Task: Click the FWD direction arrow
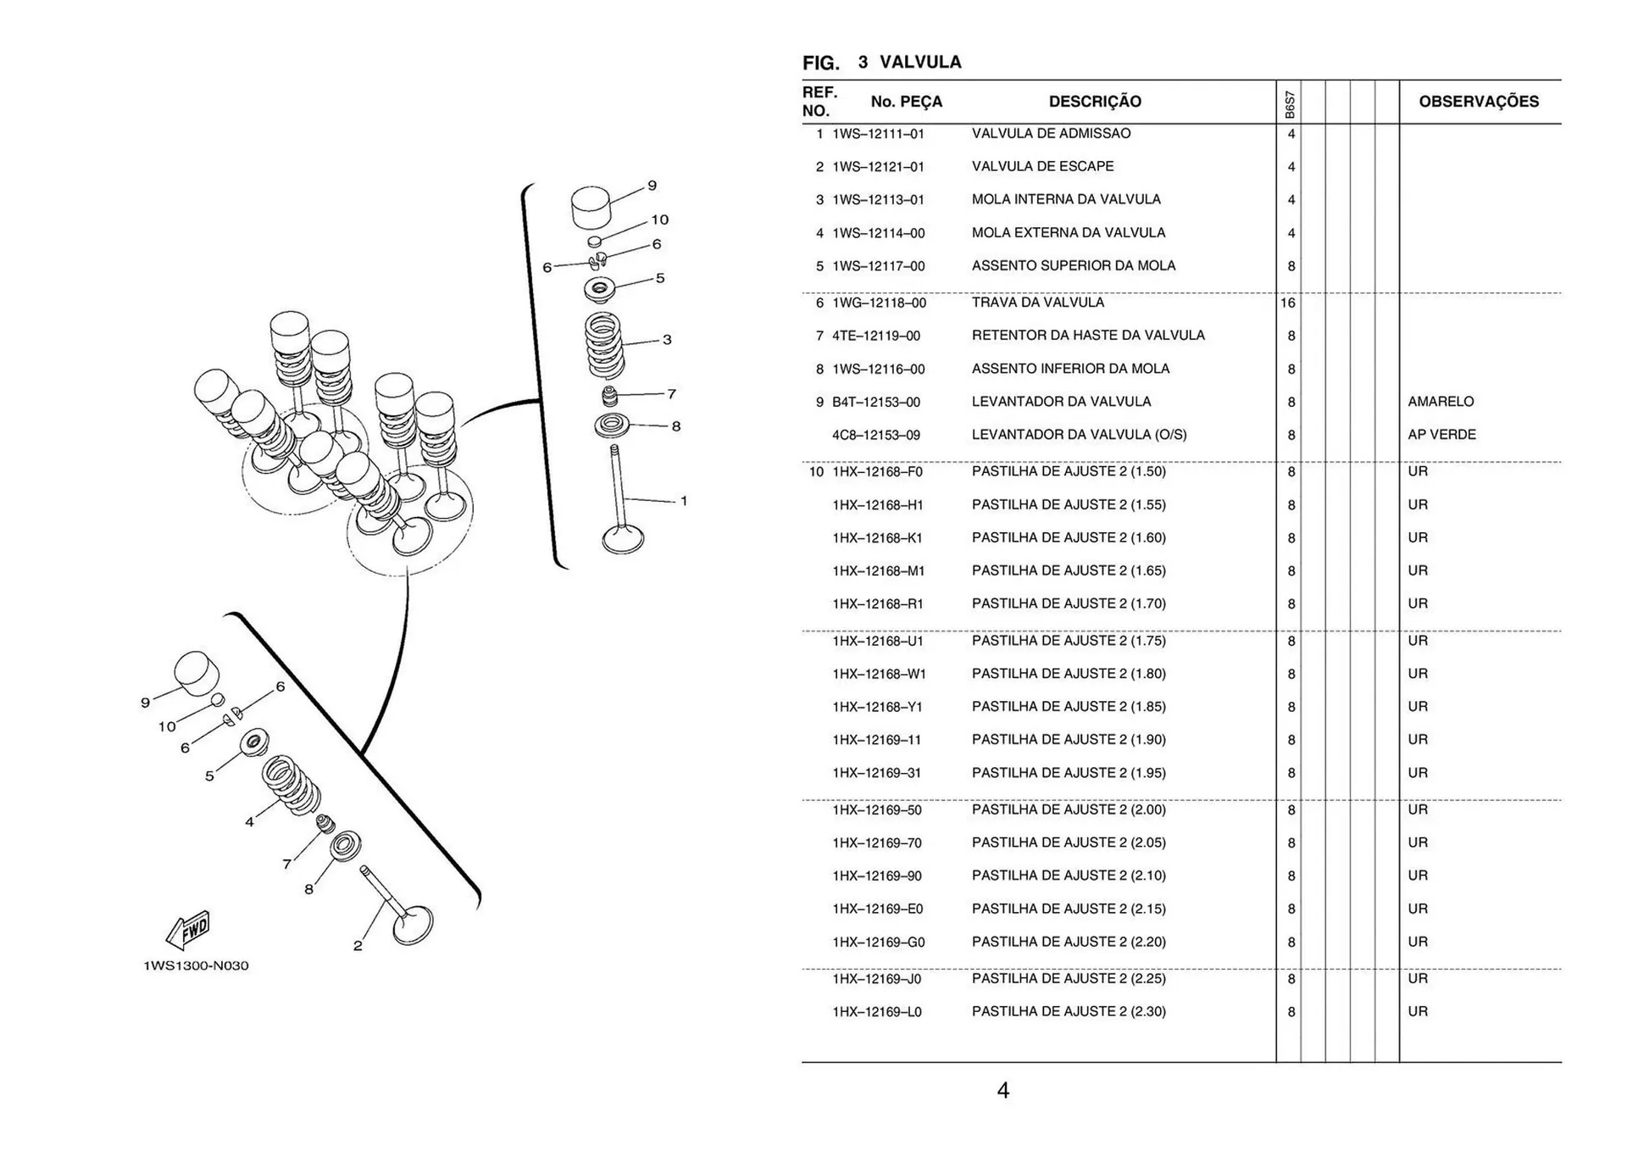click(x=188, y=930)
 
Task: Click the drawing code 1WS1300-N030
click(x=196, y=965)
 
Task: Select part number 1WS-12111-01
click(x=878, y=134)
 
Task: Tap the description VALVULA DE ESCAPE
click(x=1042, y=166)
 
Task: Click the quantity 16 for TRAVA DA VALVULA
click(x=1288, y=303)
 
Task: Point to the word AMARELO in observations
click(x=1441, y=402)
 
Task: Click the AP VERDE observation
click(x=1441, y=435)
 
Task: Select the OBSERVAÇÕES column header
click(x=1479, y=102)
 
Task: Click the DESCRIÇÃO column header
click(x=1095, y=102)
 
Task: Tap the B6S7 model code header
click(x=1290, y=104)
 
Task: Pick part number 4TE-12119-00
click(x=876, y=336)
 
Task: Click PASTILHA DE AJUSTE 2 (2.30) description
click(x=1069, y=1011)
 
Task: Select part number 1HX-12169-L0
click(x=877, y=1012)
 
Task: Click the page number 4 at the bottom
click(x=1003, y=1091)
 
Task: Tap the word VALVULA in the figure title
click(x=920, y=62)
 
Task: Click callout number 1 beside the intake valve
click(x=684, y=501)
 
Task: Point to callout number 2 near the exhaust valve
click(x=358, y=946)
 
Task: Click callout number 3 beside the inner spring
click(x=667, y=340)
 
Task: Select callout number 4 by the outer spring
click(x=249, y=821)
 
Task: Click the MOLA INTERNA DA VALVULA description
click(x=1066, y=199)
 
